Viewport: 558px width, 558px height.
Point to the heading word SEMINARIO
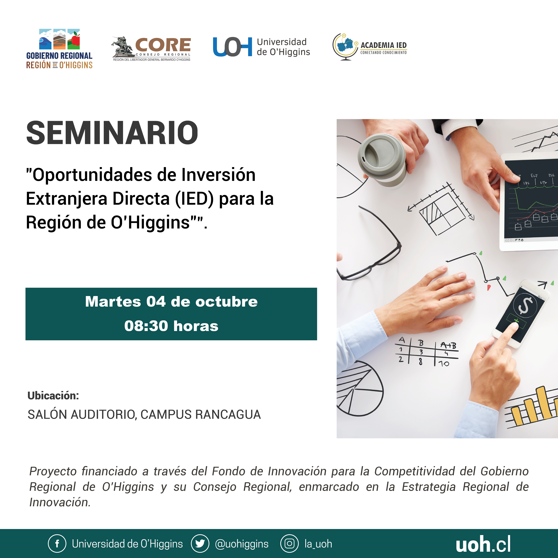[x=112, y=133]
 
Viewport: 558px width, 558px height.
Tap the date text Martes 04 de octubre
[x=171, y=302]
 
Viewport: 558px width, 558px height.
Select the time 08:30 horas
[x=171, y=326]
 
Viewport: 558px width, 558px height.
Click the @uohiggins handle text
[x=242, y=544]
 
